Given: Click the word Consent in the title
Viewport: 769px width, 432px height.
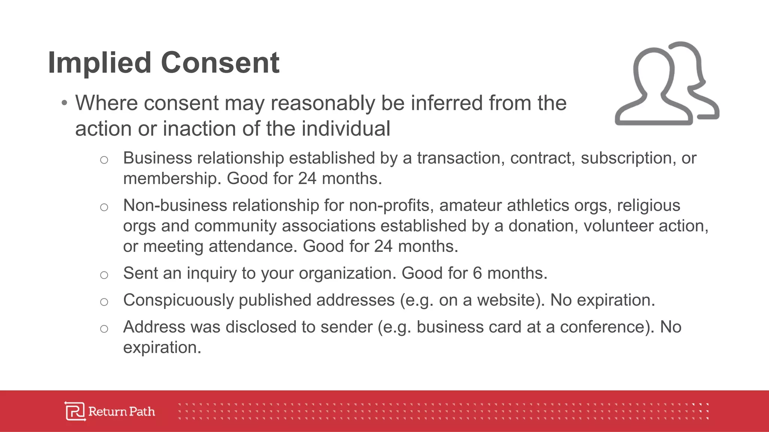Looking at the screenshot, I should [220, 63].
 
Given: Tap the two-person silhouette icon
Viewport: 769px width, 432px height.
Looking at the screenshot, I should [667, 84].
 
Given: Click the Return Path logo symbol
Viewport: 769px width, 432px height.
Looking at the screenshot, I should [75, 411].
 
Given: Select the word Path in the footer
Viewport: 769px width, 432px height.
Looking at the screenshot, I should [142, 411].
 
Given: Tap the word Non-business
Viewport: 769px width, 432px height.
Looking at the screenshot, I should [175, 205].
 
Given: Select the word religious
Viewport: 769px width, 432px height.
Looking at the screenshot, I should [648, 205].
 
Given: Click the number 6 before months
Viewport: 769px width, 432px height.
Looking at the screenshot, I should [477, 273].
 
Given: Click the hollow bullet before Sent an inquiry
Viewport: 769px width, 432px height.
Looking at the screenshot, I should [104, 275].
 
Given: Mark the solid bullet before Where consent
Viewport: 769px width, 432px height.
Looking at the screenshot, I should [65, 103].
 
